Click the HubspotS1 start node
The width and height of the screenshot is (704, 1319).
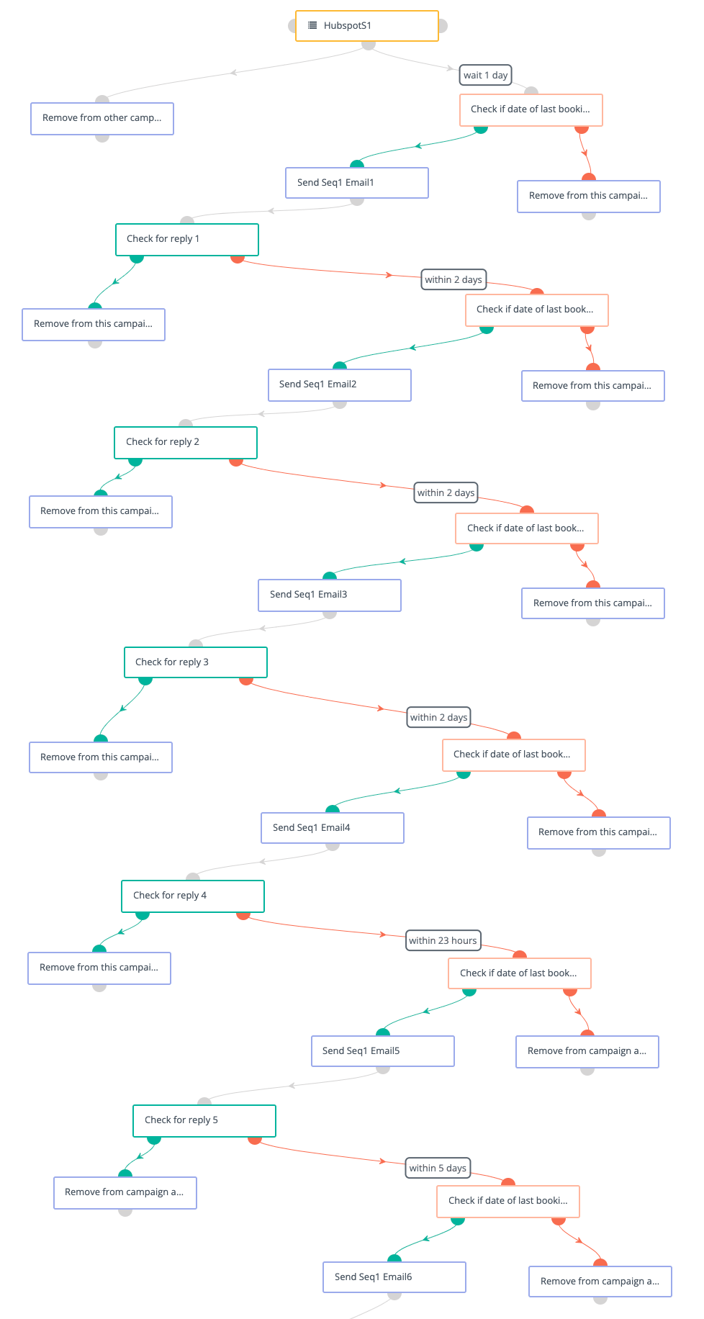[x=366, y=26]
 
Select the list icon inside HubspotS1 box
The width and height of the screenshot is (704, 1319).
[x=312, y=25]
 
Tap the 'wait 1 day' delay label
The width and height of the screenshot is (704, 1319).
[x=485, y=75]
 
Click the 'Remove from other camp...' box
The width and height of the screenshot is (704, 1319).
[x=102, y=118]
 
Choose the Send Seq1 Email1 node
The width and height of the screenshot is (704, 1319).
[x=357, y=183]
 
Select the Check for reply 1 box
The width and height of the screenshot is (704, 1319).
[x=187, y=239]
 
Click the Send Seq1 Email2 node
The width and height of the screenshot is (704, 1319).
[x=340, y=384]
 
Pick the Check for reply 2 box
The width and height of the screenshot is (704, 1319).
[x=186, y=442]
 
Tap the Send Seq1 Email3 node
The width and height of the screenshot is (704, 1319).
[x=330, y=595]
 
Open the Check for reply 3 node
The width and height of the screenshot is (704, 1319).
[x=196, y=662]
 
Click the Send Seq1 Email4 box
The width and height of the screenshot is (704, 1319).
[x=333, y=828]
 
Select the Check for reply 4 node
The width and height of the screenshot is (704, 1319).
[x=193, y=896]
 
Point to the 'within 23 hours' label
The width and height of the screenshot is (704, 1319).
[x=443, y=940]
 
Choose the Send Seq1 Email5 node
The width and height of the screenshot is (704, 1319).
[x=383, y=1051]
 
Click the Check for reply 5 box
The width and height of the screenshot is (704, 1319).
[x=204, y=1120]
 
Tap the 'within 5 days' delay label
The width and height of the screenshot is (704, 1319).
[x=438, y=1168]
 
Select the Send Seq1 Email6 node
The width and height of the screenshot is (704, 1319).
[x=394, y=1277]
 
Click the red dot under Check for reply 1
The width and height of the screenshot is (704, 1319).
[x=238, y=257]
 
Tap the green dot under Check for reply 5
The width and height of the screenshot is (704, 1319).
[x=154, y=1139]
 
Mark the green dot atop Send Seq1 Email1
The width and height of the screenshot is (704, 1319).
[x=357, y=165]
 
